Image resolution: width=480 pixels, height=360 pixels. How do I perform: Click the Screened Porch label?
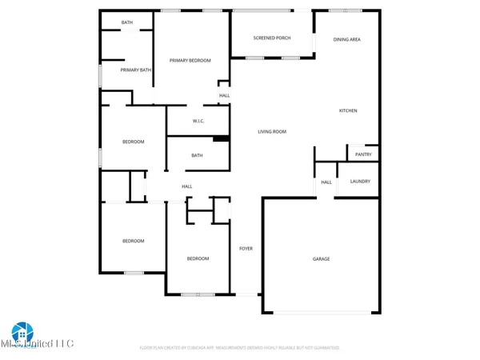(271, 38)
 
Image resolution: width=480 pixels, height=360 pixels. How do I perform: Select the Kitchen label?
(348, 110)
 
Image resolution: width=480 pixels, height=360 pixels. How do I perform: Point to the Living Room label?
(271, 131)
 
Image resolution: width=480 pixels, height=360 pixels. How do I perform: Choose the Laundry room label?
(360, 182)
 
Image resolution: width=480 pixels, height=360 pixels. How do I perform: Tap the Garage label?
(321, 258)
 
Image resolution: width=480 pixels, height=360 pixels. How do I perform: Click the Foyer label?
(246, 249)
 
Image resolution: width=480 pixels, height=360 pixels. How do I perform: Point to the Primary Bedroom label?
(190, 61)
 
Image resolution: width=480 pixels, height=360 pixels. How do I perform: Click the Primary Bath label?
(135, 70)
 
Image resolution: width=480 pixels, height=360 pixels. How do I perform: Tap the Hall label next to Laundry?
(326, 182)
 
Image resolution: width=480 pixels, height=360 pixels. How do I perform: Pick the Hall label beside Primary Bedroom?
(225, 96)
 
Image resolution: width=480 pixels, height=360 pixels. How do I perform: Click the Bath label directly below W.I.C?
(197, 156)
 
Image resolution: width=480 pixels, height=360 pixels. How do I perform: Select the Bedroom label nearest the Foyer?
(198, 258)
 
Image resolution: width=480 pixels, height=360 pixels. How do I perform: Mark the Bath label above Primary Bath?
(127, 22)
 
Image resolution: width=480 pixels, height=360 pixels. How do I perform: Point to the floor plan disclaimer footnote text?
(240, 348)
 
